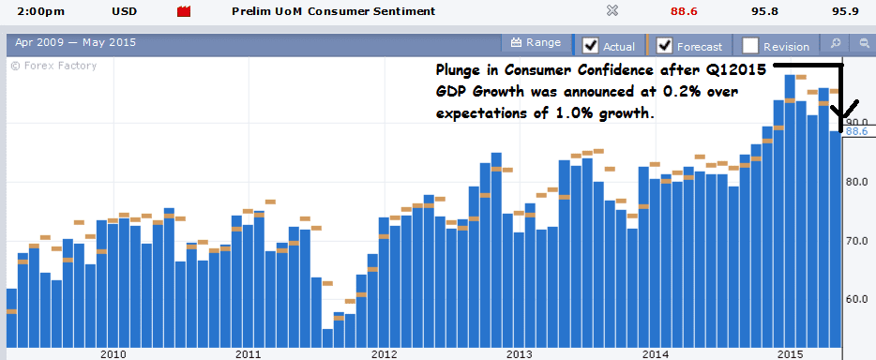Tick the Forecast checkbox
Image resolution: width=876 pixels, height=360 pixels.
pos(665,45)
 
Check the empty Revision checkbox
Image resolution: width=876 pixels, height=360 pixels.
pos(750,45)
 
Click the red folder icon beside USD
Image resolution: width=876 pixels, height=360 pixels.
pos(184,12)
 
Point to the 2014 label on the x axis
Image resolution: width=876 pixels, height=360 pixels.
pos(656,353)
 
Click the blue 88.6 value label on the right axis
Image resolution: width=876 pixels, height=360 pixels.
pos(857,132)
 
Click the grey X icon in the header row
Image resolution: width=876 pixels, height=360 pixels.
pos(612,11)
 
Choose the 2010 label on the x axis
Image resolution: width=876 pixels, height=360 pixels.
pos(113,353)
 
